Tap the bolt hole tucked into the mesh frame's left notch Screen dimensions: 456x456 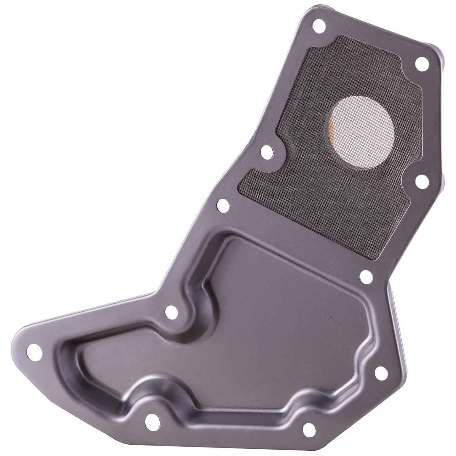pyautogui.click(x=267, y=150)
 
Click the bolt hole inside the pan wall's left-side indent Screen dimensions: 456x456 pyautogui.click(x=171, y=312)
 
